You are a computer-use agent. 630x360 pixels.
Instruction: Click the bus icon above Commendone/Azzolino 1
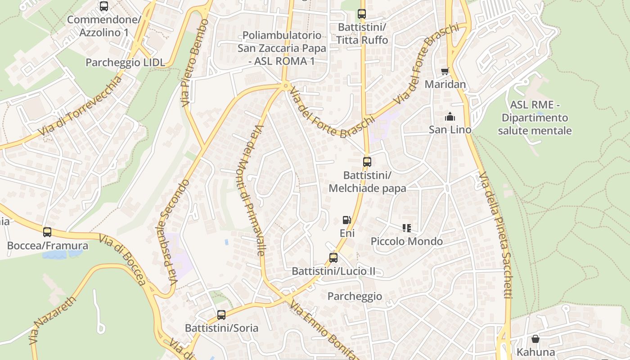(104, 6)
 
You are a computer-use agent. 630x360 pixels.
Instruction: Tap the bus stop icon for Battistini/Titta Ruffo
(362, 14)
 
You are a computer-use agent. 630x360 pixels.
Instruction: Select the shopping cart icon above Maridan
(445, 71)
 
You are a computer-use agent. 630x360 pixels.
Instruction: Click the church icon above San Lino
(450, 117)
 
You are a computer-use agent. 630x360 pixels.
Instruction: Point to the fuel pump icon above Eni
(346, 220)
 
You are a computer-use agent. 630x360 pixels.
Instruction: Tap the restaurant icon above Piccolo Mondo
(407, 228)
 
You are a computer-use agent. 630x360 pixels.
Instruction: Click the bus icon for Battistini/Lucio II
(333, 258)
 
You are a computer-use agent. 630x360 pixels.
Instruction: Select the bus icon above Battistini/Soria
(221, 315)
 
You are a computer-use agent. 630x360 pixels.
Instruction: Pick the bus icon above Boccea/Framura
(47, 232)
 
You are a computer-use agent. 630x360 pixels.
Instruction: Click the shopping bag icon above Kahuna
(535, 338)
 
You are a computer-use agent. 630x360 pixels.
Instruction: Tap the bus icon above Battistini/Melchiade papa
(367, 162)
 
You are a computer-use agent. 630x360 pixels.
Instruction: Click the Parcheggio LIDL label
(125, 63)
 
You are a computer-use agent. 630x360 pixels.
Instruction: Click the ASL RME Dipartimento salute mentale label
(535, 118)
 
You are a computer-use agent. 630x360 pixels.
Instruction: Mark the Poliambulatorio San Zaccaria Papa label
(282, 48)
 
